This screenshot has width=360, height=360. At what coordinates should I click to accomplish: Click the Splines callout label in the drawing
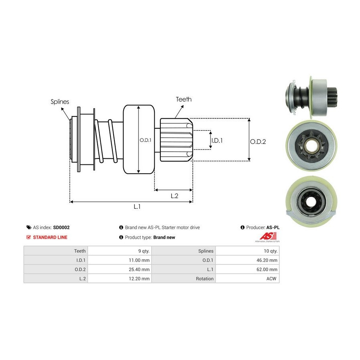coord(60,102)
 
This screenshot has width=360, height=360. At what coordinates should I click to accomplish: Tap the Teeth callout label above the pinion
coord(184,99)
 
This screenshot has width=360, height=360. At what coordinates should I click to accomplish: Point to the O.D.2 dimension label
coord(258,141)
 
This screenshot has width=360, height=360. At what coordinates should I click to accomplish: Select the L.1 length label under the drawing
coord(137,206)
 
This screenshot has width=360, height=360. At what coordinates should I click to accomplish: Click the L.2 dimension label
coord(174,196)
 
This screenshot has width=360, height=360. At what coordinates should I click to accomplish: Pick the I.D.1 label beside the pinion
coord(216,140)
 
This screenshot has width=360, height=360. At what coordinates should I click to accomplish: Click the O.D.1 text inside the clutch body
coord(144,140)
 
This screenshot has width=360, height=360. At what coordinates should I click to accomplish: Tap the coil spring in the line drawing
coord(106,141)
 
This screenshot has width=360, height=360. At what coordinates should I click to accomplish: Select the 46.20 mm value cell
coord(247,260)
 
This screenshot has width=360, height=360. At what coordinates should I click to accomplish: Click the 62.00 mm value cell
coord(247,269)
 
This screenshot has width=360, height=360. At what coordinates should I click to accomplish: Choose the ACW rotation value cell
coord(247,278)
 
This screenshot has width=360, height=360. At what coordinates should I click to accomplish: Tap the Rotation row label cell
coord(184,278)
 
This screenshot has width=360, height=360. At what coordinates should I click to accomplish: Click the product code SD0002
coord(61,227)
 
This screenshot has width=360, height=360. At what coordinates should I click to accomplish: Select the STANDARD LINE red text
coord(50,237)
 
